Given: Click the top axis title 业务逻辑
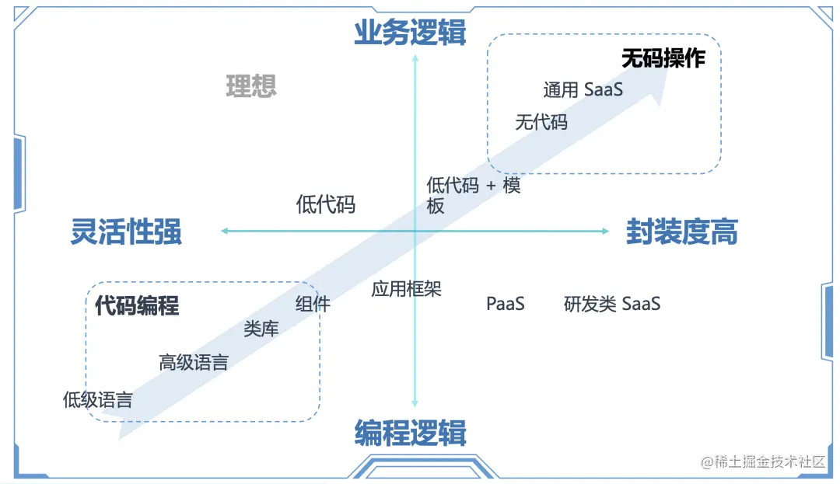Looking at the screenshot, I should click(x=410, y=33).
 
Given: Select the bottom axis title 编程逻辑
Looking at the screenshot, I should click(x=410, y=433).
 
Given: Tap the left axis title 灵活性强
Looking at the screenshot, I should click(x=126, y=232).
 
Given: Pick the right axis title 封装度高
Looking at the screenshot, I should click(x=681, y=232).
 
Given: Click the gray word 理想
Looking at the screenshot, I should click(x=251, y=85).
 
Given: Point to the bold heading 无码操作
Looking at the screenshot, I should click(x=663, y=58).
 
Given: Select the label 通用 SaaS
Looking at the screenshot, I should click(x=583, y=90).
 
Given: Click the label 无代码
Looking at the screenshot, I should click(x=541, y=122).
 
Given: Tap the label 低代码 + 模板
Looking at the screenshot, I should click(x=473, y=195).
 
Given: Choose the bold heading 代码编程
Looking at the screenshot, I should click(x=137, y=306).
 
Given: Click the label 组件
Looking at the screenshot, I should click(x=313, y=304).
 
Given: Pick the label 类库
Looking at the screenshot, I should click(x=261, y=329).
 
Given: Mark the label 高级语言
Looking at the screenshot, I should click(x=194, y=362).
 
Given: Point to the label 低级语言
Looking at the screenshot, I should click(x=97, y=400).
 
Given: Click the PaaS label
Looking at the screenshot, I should click(x=506, y=304).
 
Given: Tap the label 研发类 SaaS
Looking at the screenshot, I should click(x=611, y=304).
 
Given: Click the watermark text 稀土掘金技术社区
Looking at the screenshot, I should click(x=762, y=461).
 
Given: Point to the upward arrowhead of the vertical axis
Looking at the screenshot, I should click(x=415, y=56).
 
